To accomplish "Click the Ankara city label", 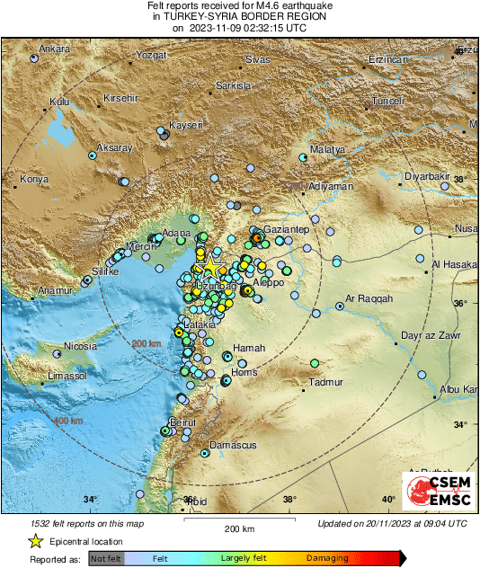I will tap(54, 48).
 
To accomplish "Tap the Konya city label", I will tap(33, 181).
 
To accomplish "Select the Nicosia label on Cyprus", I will tap(81, 346).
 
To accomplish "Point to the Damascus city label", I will tap(233, 445).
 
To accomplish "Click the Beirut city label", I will tap(182, 422).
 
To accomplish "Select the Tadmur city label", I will tap(325, 382).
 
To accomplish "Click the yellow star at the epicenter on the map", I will tap(210, 266).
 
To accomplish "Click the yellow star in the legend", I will tap(35, 541).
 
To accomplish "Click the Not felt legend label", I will tap(107, 559).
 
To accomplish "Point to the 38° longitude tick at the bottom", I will tap(289, 500).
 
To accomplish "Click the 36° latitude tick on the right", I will tap(459, 303).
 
